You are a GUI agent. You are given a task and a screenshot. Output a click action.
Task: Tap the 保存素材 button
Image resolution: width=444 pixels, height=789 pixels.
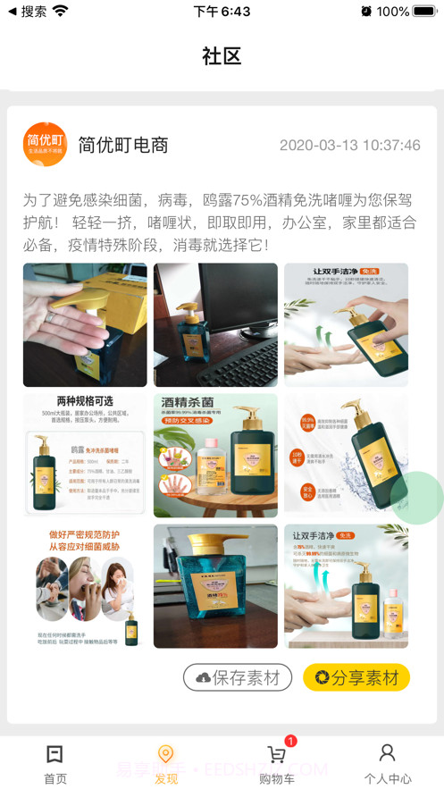point(238,677)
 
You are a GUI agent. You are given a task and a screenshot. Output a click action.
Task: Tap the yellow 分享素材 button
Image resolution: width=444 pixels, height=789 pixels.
point(356,677)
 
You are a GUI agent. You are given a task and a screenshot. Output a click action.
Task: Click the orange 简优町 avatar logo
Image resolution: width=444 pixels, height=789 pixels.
point(45,145)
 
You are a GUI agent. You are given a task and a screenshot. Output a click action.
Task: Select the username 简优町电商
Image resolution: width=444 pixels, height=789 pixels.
point(123,145)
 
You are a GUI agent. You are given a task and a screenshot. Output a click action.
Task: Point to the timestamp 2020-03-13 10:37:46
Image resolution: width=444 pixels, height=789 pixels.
point(349,145)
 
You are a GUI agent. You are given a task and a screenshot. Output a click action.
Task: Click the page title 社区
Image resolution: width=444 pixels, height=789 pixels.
point(222,56)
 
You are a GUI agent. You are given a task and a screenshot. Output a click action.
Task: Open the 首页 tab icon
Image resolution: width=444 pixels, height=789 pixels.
point(55,754)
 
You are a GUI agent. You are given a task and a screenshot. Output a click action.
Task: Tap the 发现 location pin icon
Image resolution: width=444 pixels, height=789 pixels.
point(165,755)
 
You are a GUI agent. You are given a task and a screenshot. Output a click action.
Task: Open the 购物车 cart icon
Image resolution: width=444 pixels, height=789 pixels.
point(276,755)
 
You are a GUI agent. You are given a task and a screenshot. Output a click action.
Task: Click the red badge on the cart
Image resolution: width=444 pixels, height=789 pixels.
point(290,741)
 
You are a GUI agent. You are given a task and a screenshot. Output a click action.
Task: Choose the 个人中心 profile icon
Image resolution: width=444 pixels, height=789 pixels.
point(387,753)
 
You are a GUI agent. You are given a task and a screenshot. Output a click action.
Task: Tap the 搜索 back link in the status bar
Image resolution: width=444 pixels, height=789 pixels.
point(27,12)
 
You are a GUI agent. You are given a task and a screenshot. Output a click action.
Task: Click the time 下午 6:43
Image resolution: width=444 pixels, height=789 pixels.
point(222,12)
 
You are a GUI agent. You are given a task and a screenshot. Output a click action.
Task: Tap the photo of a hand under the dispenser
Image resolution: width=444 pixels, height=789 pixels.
point(85,324)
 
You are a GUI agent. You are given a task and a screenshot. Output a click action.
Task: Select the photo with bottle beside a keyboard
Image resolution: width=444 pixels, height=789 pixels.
point(215,324)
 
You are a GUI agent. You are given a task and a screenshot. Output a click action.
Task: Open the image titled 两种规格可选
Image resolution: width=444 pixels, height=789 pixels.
point(85,455)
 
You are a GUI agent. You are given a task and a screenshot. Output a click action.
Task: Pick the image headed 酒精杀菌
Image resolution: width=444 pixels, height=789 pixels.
point(215,455)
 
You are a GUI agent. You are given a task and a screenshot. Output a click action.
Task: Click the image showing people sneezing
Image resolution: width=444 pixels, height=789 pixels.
point(85,585)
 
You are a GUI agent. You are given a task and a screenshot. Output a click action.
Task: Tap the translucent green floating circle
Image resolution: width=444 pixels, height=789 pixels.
point(417,497)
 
